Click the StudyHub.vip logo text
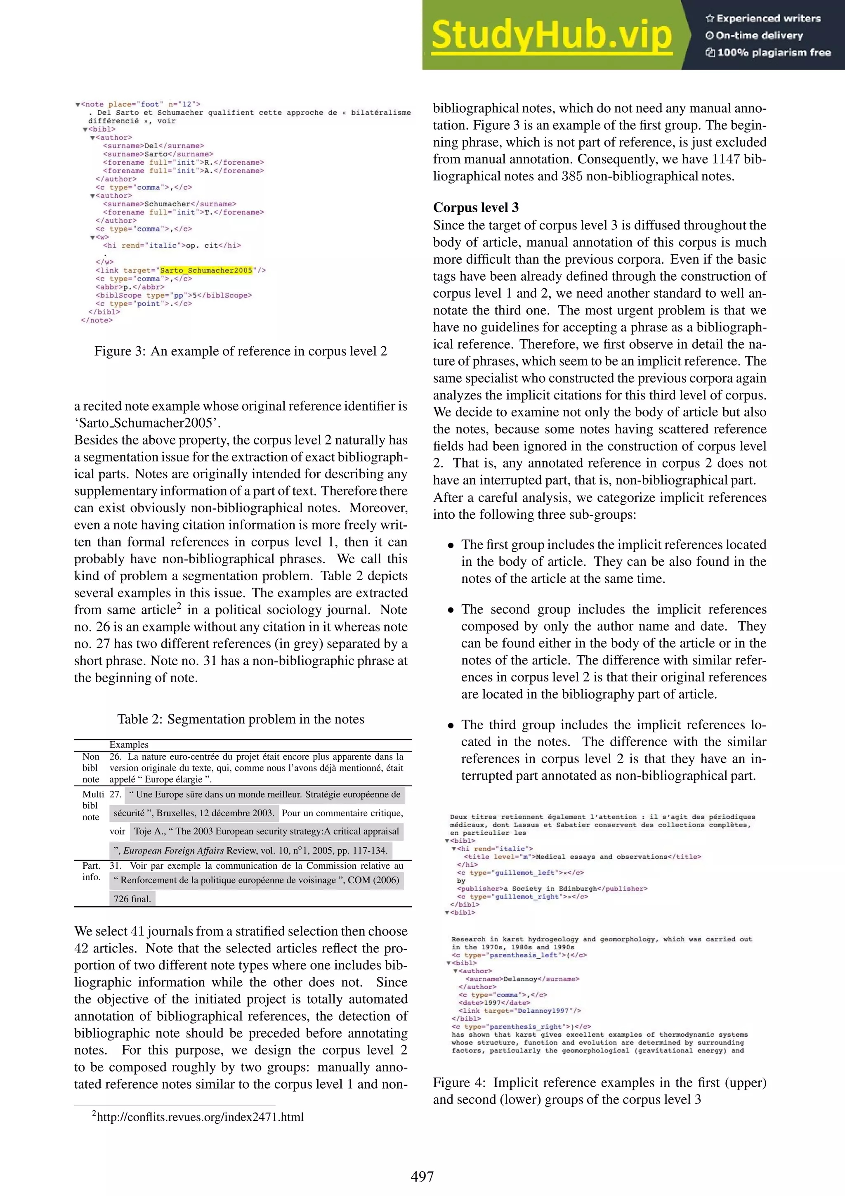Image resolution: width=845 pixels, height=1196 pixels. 551,35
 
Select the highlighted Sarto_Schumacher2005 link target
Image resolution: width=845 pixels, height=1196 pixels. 206,270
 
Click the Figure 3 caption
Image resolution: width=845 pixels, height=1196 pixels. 241,352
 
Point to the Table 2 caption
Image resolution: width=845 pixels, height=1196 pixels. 241,719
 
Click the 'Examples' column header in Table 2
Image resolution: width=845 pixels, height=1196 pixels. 129,745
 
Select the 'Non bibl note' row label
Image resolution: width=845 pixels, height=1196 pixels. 91,768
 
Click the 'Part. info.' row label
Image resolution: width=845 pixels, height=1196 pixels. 91,871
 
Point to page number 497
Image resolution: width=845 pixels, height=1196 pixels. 422,1176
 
